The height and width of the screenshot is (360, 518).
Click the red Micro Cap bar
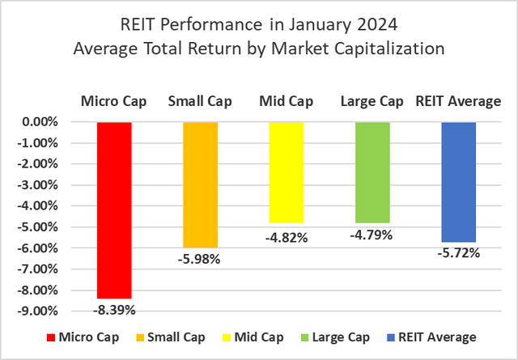click(114, 210)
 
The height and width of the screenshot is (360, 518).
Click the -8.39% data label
click(114, 310)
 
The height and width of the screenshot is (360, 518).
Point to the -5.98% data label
click(200, 259)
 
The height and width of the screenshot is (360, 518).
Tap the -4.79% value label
click(372, 235)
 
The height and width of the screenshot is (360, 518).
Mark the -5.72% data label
click(458, 253)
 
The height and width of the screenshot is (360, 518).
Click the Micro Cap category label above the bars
click(114, 101)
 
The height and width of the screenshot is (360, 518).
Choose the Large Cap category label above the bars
click(372, 101)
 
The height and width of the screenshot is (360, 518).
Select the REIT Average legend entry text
click(444, 337)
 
